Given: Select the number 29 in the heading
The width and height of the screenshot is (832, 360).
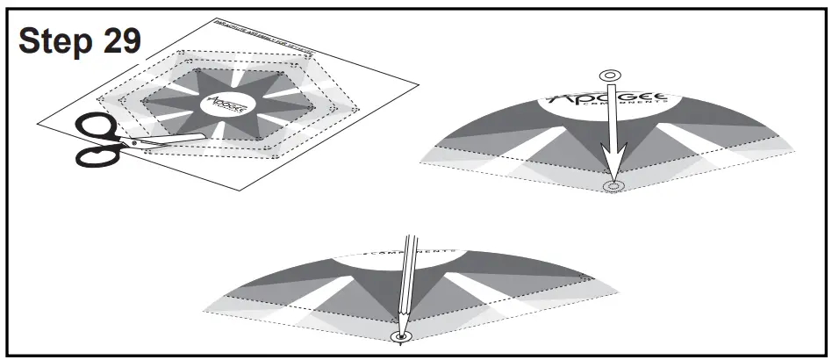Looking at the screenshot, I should tap(118, 40).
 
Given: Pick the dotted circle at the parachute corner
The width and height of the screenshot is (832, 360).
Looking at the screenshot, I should tap(613, 187).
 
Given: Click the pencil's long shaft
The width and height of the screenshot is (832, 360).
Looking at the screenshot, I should tap(407, 281).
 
